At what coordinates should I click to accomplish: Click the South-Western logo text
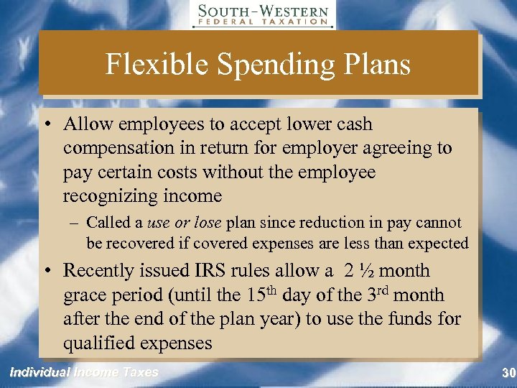pyautogui.click(x=263, y=11)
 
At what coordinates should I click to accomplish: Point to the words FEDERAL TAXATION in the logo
pyautogui.click(x=263, y=22)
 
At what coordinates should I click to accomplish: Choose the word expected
pyautogui.click(x=439, y=244)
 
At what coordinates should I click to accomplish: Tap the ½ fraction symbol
pyautogui.click(x=365, y=271)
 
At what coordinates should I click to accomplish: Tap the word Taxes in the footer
pyautogui.click(x=140, y=372)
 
